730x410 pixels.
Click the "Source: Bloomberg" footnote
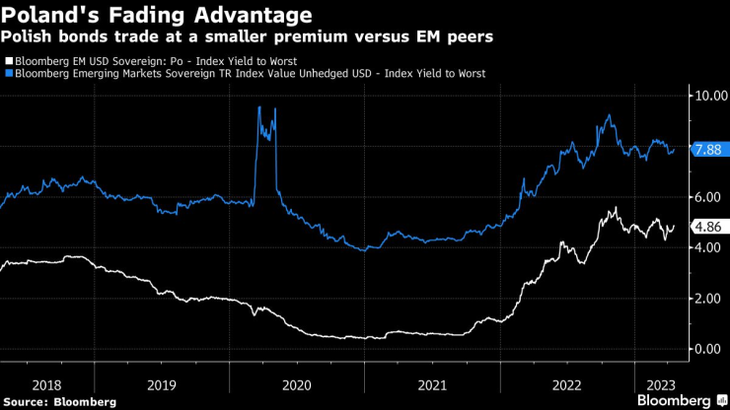[59, 401]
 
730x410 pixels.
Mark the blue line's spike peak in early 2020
[258, 106]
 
